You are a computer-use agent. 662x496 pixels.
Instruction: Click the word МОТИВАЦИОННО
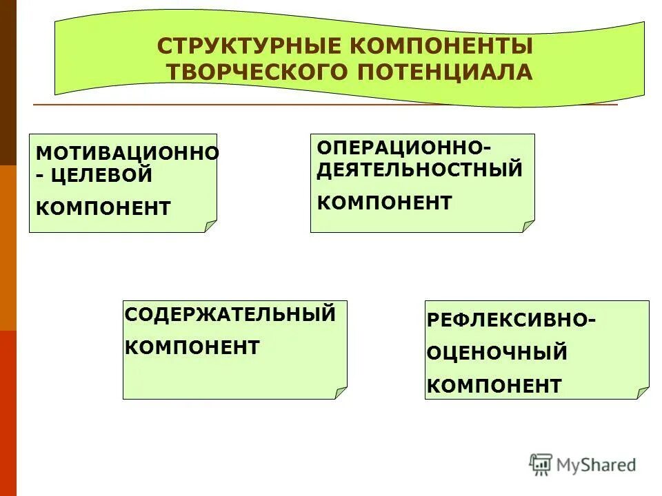(127, 153)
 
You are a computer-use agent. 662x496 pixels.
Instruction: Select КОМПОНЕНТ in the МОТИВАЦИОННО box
(103, 208)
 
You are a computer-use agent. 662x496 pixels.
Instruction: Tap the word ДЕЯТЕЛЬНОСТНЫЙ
(420, 169)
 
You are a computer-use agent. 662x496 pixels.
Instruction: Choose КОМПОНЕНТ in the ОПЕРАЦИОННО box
(385, 203)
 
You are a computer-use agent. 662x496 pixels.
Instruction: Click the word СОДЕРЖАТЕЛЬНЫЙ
(230, 314)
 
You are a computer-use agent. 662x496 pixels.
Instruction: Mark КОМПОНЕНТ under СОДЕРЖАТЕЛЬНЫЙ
(192, 347)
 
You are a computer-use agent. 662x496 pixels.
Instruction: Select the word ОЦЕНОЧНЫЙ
(497, 353)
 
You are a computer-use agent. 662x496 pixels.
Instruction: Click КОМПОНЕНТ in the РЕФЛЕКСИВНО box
(494, 386)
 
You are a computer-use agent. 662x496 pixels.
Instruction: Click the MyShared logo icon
(541, 464)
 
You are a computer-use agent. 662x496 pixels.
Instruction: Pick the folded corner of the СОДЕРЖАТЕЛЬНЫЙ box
(341, 393)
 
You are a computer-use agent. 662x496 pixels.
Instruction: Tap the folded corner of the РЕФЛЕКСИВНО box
(643, 393)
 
